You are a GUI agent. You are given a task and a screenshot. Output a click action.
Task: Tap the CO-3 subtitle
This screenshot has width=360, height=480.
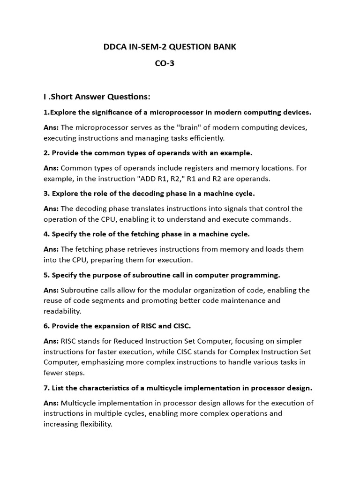coord(165,64)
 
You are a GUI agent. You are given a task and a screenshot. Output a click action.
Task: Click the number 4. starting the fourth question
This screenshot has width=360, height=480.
coord(46,234)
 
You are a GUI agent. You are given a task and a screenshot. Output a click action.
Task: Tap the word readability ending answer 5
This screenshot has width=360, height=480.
coord(62,311)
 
